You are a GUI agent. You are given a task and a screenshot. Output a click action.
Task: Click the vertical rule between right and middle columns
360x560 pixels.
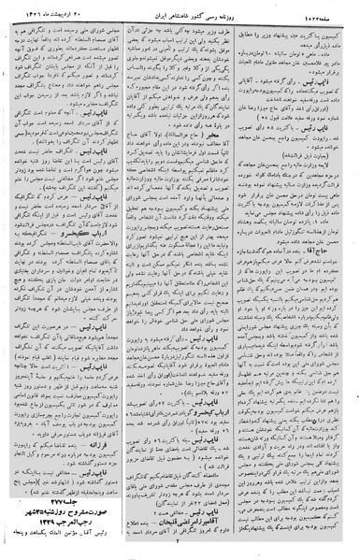tap(243, 280)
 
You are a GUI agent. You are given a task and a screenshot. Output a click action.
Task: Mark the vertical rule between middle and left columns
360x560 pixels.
tap(125, 280)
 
